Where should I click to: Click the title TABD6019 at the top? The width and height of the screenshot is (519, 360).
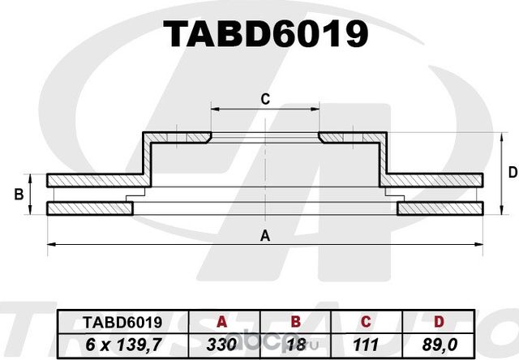click(266, 33)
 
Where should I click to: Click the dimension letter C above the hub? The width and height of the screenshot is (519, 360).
click(264, 99)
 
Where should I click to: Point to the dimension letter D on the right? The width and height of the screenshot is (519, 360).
click(512, 172)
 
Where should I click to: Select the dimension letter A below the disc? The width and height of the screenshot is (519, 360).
click(264, 236)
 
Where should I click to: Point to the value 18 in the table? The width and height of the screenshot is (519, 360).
click(295, 343)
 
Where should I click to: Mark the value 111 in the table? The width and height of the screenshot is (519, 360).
click(367, 343)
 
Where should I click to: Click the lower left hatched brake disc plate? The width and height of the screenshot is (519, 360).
click(89, 208)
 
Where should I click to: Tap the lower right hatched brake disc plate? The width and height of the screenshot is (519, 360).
click(441, 208)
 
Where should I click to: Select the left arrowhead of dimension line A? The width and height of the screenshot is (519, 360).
click(51, 243)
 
